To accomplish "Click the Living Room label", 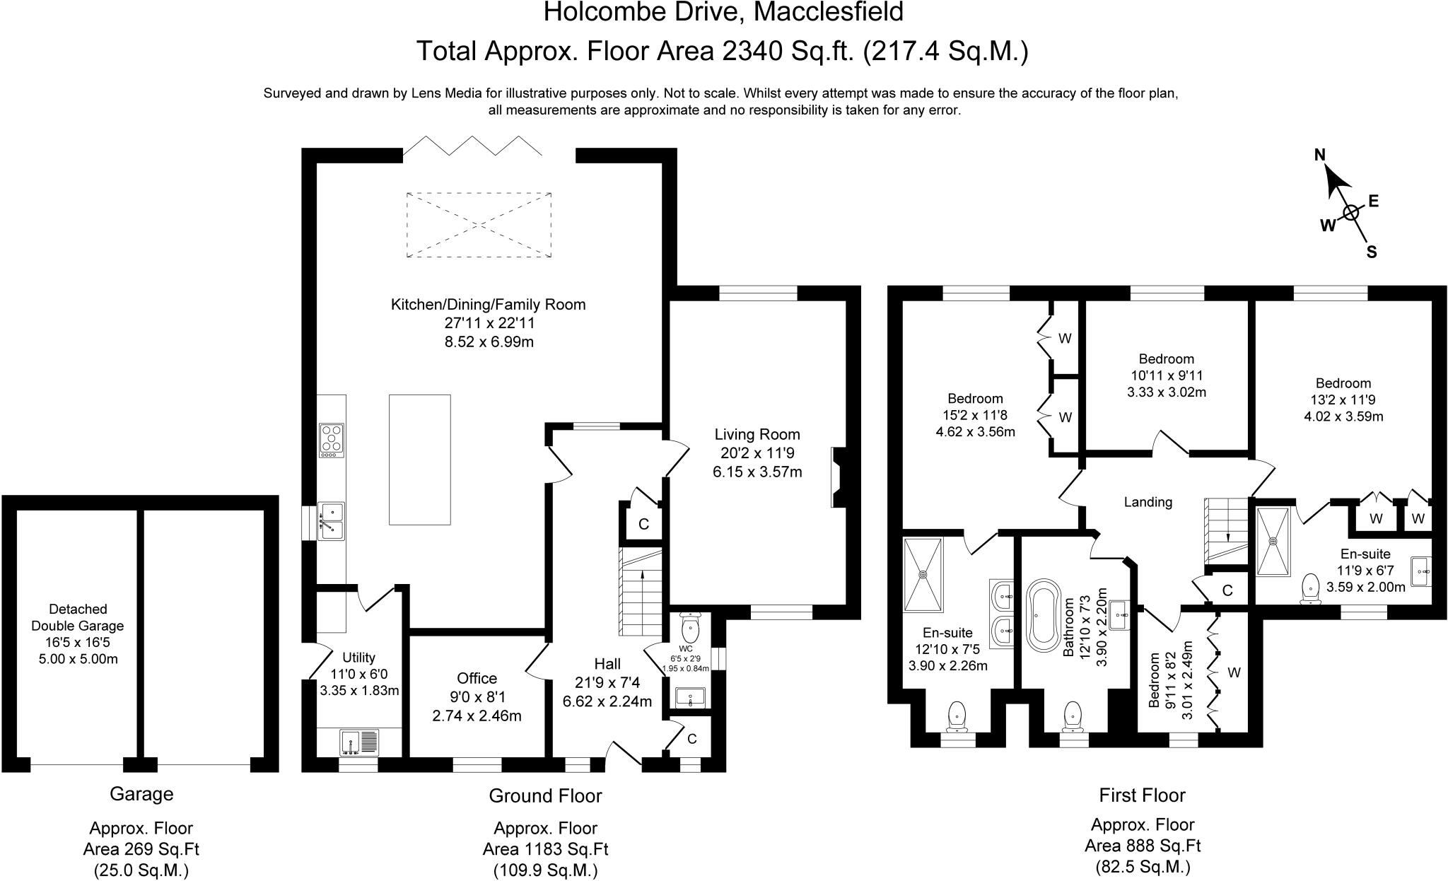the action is [757, 434].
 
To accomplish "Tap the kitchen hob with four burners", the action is [332, 440].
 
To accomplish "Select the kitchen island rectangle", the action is [419, 460].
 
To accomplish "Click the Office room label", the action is [477, 679].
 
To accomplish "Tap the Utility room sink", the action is [360, 742].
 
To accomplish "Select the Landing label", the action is [1148, 502].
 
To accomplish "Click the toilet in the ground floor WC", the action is [689, 626].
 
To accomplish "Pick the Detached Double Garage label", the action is [78, 617].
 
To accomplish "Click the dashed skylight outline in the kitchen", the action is [479, 224].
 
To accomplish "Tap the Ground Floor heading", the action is [545, 796].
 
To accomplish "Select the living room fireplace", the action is [839, 477].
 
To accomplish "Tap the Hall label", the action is [607, 664].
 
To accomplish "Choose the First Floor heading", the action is [1142, 795].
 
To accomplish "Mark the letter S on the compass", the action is [1371, 252].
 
